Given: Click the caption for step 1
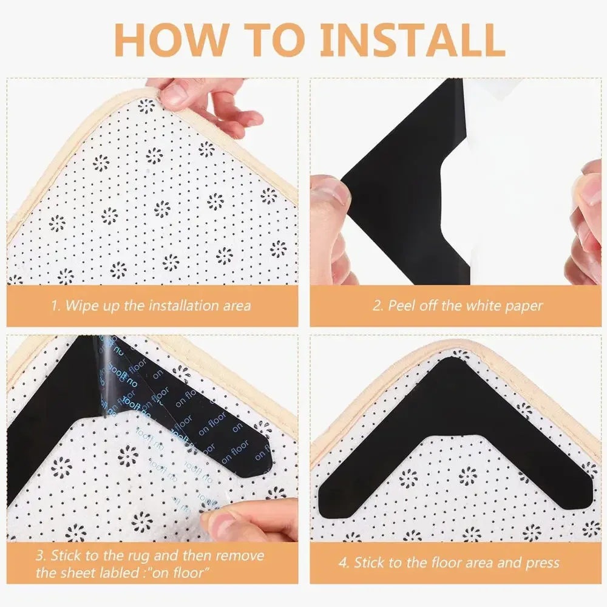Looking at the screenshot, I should [151, 305].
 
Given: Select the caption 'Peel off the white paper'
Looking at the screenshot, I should [457, 305].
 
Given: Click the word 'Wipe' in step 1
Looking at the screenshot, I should [79, 305].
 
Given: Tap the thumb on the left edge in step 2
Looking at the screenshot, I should [331, 200].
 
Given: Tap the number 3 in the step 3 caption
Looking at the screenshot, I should [39, 555].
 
